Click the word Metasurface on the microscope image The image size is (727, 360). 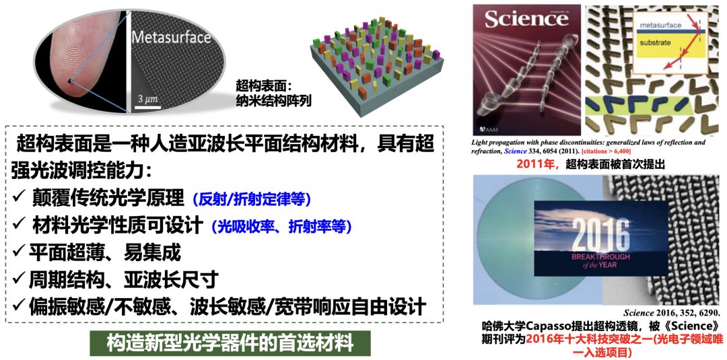pos(172,37)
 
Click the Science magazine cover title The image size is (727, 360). pos(526,19)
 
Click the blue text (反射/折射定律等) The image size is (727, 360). pos(251,199)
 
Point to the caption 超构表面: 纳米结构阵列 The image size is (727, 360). pos(273,92)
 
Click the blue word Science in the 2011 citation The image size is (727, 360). pos(516,151)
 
